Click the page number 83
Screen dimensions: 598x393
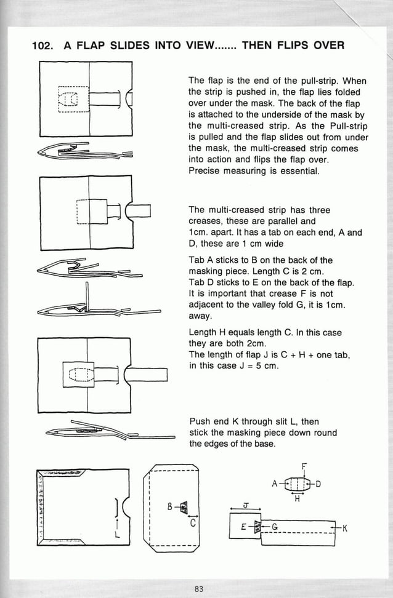click(x=198, y=589)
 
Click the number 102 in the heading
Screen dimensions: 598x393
click(x=42, y=46)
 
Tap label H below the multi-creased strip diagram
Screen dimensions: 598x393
click(x=296, y=499)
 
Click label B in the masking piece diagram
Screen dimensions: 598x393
click(x=169, y=507)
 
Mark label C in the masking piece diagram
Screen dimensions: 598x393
click(x=193, y=524)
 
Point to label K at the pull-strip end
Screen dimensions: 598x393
click(x=346, y=528)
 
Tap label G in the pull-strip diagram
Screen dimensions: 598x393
click(x=274, y=527)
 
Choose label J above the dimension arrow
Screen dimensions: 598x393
click(x=245, y=505)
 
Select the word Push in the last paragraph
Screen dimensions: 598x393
click(x=200, y=421)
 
